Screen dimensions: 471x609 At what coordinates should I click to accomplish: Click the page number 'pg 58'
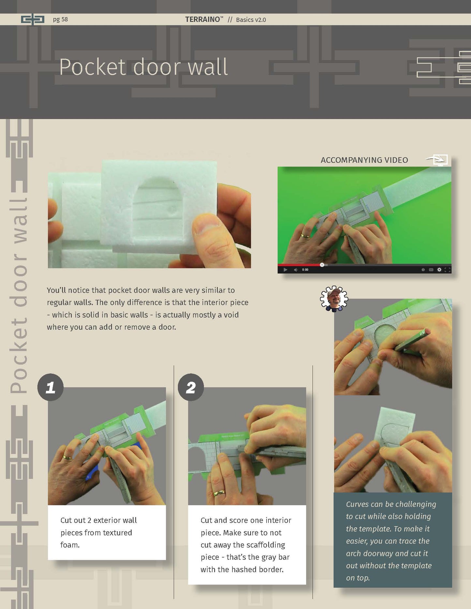click(x=60, y=19)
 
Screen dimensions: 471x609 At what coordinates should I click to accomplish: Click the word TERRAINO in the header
click(x=202, y=19)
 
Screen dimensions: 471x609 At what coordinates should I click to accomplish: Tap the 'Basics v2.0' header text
click(x=251, y=20)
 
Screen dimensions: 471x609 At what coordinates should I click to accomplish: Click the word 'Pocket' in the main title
click(x=93, y=67)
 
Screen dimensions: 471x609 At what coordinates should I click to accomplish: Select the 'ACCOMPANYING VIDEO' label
click(x=364, y=160)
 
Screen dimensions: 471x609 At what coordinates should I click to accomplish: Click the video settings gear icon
click(x=439, y=270)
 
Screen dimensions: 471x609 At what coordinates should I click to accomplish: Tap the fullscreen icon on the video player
click(x=447, y=270)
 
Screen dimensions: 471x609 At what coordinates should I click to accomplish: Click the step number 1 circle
click(x=51, y=387)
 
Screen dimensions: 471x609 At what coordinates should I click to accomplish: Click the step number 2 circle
click(x=191, y=387)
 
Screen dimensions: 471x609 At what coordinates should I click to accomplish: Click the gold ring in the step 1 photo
click(x=67, y=457)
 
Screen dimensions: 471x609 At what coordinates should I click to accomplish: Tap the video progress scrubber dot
click(x=322, y=265)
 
